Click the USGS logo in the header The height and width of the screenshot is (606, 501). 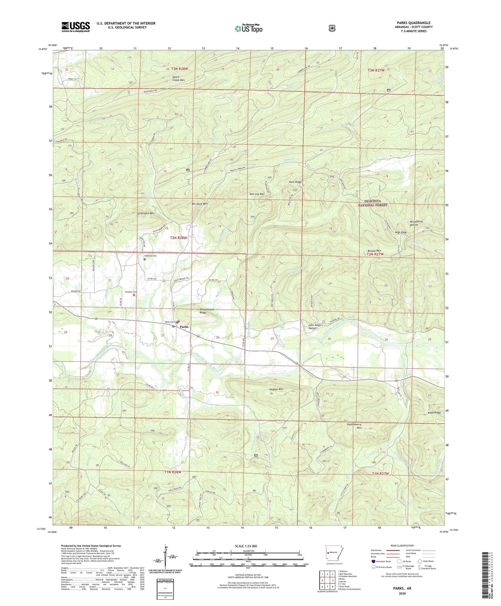coord(76,27)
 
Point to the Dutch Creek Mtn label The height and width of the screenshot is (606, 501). coord(178,78)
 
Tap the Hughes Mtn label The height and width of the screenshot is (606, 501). coord(276,389)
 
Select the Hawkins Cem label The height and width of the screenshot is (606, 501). coord(150,256)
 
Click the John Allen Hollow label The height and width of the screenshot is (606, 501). coord(312,327)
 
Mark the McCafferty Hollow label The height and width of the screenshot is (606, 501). coord(416,223)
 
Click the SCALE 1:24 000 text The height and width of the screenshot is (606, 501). coord(246,546)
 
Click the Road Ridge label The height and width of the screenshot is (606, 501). coord(434,413)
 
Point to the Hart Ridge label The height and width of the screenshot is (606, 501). coord(295,182)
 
